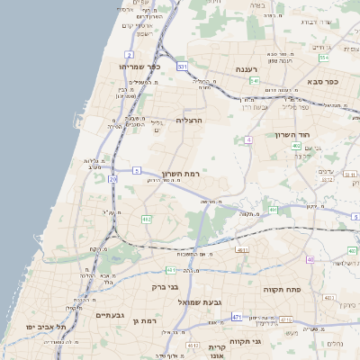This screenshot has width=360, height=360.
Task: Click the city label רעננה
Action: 243,69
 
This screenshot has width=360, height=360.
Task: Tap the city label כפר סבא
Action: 320,81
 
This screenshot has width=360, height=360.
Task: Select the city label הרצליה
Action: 190,119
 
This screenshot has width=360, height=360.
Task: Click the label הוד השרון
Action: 292,134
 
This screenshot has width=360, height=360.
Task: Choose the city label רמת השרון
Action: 180,173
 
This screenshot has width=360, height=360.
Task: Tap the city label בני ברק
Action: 166,288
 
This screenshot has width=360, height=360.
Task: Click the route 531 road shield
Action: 182,67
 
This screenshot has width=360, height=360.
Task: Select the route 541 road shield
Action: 255,81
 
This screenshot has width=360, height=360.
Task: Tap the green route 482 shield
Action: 146,219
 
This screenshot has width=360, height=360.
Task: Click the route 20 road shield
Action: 112,179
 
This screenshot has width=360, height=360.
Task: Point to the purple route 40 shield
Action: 310,259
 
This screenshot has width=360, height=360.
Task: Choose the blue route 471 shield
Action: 237,317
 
